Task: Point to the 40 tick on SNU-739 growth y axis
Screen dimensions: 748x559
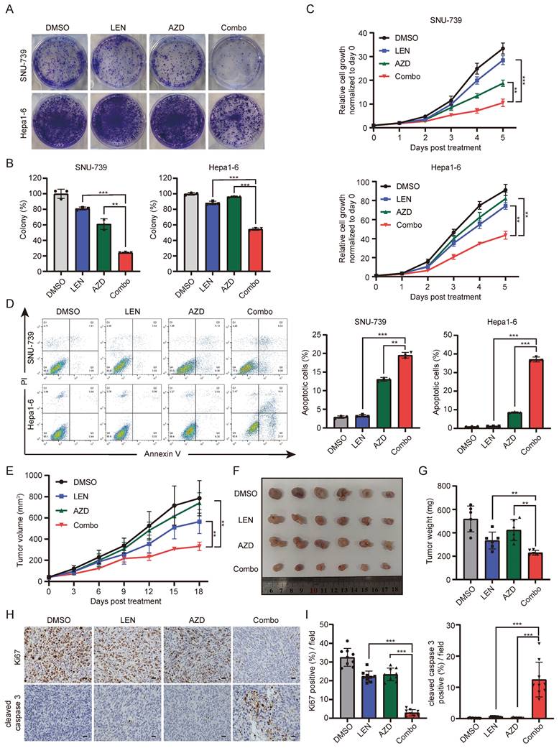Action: point(364,33)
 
